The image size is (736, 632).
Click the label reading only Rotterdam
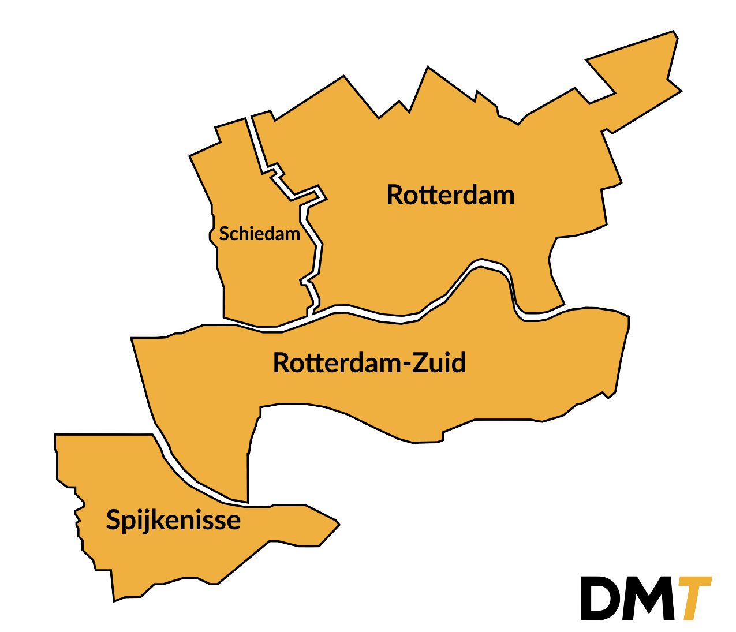click(450, 195)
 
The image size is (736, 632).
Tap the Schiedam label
click(259, 234)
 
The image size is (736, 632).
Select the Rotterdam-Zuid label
click(369, 363)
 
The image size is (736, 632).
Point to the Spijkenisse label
click(173, 520)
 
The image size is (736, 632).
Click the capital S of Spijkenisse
click(114, 520)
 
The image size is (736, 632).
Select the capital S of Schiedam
click(224, 234)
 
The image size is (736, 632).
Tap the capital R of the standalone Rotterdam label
click(395, 195)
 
